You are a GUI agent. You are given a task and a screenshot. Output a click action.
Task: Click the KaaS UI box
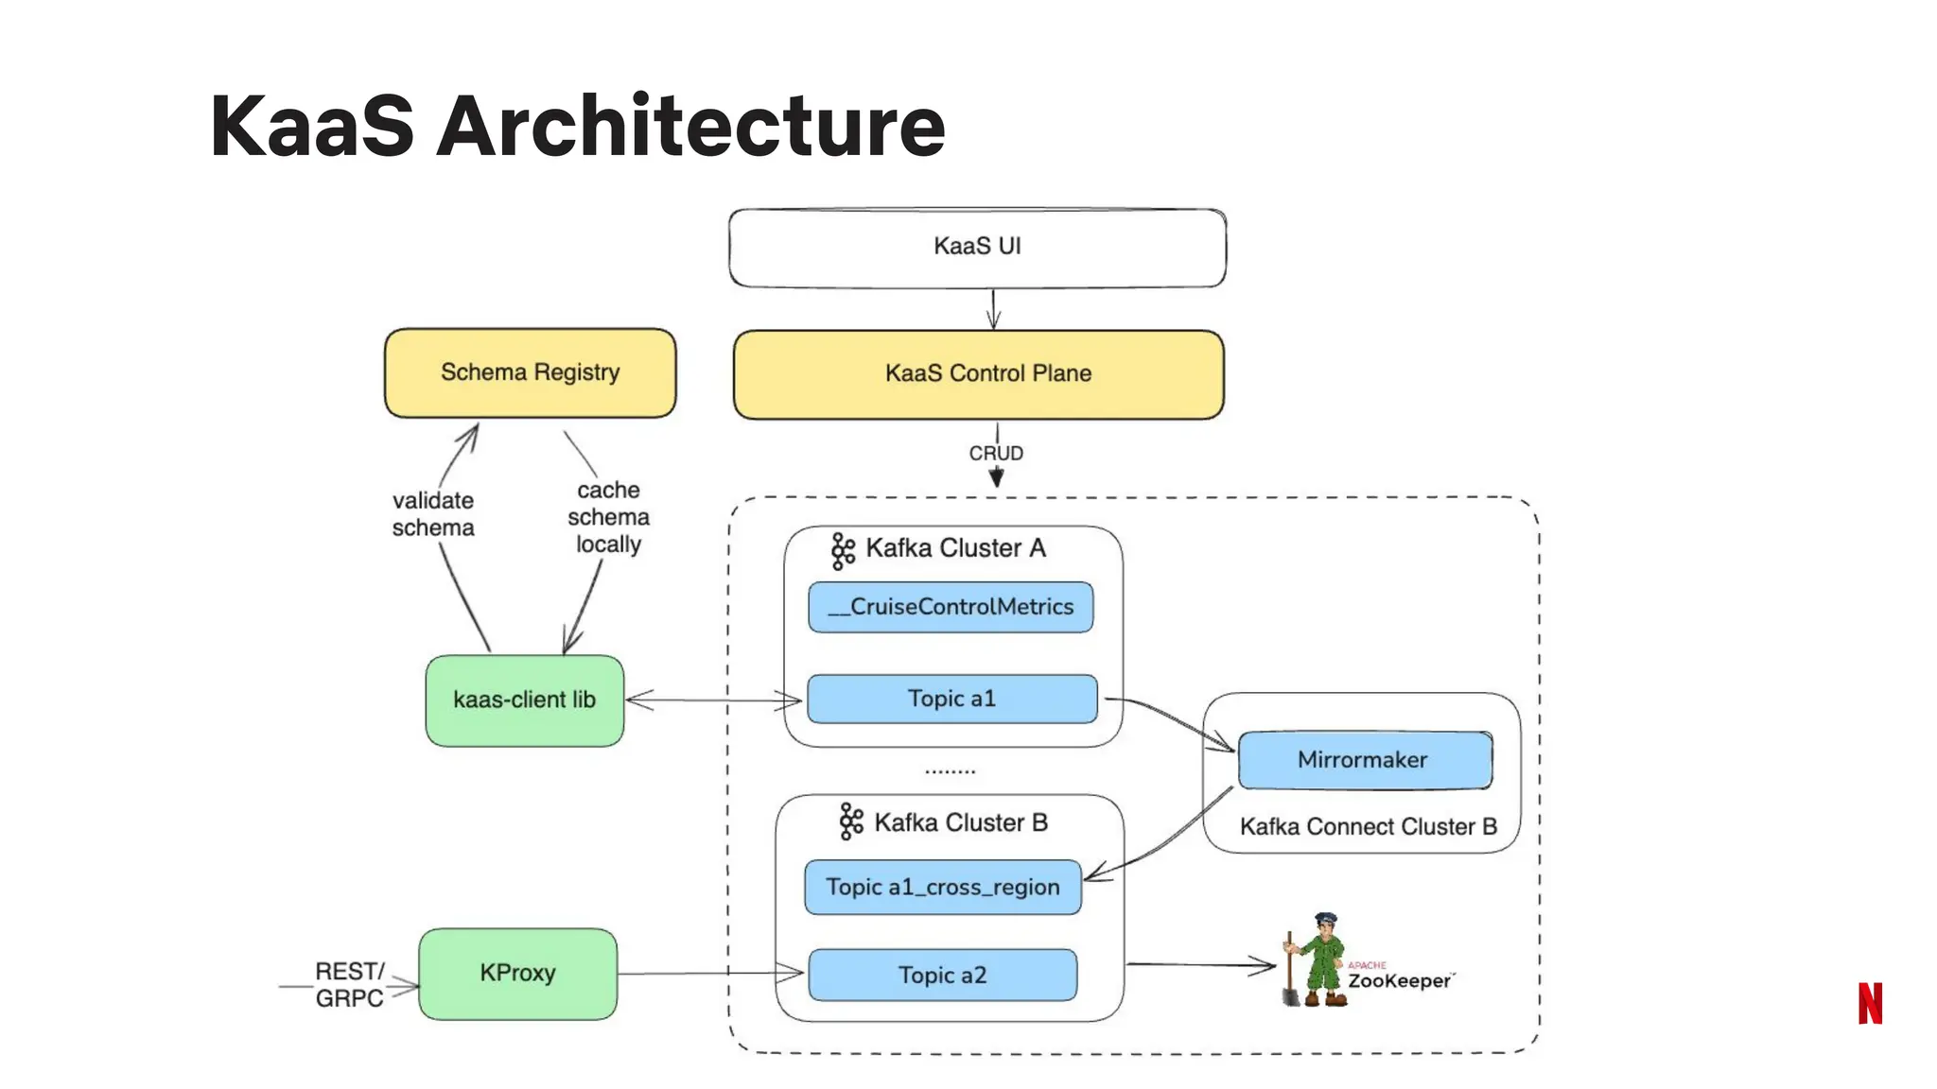977,248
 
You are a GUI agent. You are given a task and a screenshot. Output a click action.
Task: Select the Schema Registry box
530,372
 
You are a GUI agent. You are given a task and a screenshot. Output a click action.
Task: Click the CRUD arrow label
996,454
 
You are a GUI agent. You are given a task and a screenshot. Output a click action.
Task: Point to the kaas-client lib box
525,700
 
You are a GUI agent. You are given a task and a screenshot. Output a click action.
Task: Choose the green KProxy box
517,974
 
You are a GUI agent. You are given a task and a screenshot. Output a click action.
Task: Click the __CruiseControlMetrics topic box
951,607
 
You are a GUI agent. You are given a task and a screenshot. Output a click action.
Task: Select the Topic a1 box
951,700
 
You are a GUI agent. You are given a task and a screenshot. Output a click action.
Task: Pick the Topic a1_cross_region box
942,887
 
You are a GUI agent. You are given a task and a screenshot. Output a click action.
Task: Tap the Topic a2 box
942,976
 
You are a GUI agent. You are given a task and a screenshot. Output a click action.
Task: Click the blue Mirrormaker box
1364,760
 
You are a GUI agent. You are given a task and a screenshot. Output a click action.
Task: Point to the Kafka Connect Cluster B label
1368,827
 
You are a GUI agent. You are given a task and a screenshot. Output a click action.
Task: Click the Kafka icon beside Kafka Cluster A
843,550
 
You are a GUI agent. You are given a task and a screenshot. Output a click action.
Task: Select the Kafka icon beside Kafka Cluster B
851,822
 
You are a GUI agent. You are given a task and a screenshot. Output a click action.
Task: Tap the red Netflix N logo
1870,1003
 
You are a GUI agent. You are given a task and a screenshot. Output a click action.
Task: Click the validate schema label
433,514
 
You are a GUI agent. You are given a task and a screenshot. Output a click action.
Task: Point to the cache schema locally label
608,517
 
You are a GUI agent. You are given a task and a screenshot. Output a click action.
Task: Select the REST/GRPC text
349,985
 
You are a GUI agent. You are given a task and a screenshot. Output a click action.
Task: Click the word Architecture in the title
690,126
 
